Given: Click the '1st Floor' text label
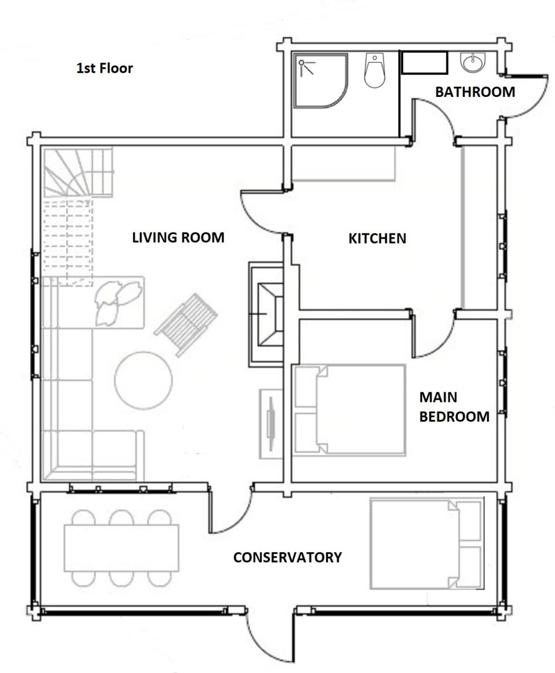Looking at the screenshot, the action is click(104, 68).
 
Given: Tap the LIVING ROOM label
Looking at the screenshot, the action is click(178, 238).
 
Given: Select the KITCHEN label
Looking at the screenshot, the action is click(378, 238).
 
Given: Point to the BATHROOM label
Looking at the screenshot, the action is click(475, 92).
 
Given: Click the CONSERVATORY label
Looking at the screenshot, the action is click(287, 557).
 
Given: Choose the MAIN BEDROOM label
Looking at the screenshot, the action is click(455, 407).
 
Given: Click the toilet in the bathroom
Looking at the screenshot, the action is click(374, 71).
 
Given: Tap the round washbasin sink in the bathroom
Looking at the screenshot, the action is click(473, 62).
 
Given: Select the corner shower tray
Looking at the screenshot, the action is click(321, 81).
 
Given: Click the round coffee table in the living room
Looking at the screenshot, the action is click(143, 381).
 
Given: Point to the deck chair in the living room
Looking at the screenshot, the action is click(186, 325).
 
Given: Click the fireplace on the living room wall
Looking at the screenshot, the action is click(266, 314).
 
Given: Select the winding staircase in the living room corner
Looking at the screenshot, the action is click(78, 173).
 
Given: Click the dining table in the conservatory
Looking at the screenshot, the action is click(121, 548).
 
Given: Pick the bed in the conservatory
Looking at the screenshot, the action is click(427, 544).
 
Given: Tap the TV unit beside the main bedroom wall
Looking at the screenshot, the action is click(271, 423).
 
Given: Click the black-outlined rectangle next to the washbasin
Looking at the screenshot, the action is click(424, 62).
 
